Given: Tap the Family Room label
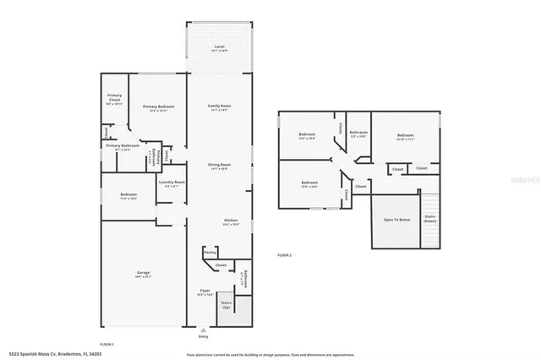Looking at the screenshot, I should (220, 107).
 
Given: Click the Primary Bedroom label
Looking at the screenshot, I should (158, 107).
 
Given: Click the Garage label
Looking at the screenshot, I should (144, 274).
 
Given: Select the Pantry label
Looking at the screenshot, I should (210, 252).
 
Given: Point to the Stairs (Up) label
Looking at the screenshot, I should (226, 304).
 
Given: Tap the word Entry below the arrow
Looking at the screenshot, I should (202, 335).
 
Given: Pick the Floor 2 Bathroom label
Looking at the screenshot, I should (358, 134).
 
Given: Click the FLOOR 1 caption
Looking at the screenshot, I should (107, 344).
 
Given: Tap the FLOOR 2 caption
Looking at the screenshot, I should (284, 254).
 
